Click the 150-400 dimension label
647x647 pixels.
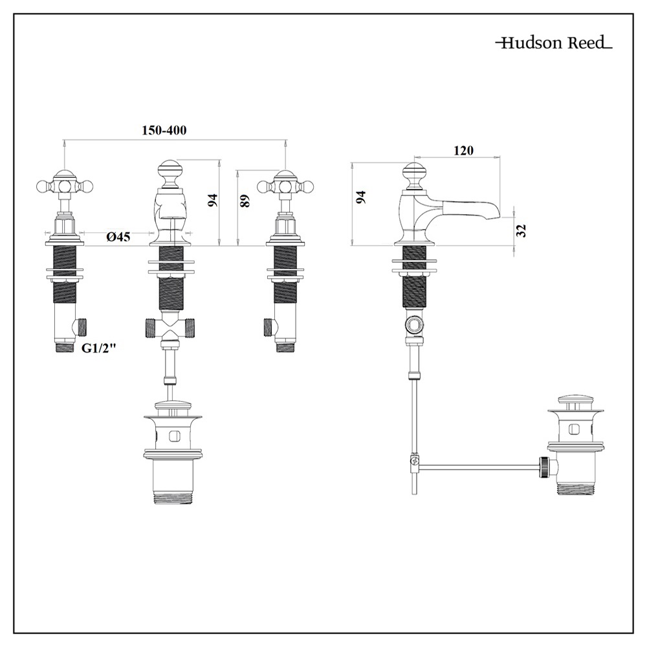click(x=164, y=130)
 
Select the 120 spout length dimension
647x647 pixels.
click(x=463, y=151)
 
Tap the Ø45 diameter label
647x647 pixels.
click(x=118, y=237)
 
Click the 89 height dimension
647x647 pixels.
click(x=244, y=201)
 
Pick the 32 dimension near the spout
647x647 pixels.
click(x=522, y=230)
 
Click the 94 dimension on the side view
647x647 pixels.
click(x=361, y=197)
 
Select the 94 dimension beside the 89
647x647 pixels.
click(x=212, y=200)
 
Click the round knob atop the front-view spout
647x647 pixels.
click(x=171, y=170)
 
